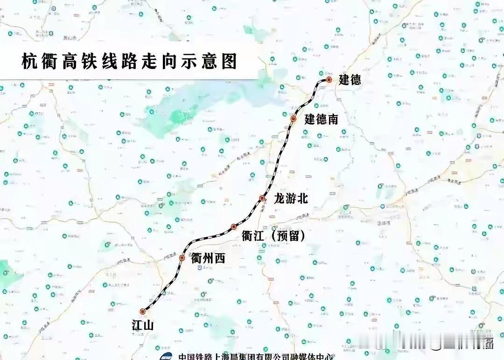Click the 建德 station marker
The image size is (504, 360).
coord(329,80)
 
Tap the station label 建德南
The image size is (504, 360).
coord(321,119)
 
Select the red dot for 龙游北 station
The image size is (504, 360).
coord(262,199)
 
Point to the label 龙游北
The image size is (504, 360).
coord(291,199)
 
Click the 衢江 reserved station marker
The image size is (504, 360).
coord(234,227)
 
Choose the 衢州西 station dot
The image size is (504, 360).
coord(182,258)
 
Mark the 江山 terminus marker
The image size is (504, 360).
coord(142,312)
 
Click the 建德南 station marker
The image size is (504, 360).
coord(294,119)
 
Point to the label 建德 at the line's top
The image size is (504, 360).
coord(350,80)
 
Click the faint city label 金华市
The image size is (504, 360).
coord(385,223)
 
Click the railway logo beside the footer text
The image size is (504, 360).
coord(166,356)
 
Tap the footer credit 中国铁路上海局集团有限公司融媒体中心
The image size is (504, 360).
coord(256,357)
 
